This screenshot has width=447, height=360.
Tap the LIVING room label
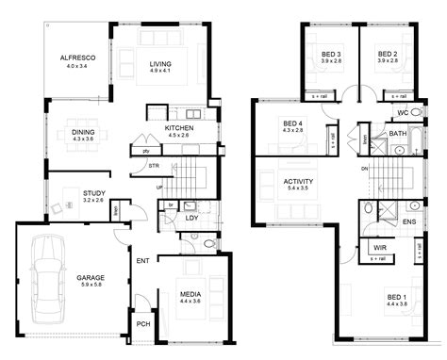tap(159, 65)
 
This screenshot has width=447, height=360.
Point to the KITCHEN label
tap(179, 127)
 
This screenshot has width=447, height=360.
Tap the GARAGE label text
tap(91, 278)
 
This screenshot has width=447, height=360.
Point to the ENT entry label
tap(143, 260)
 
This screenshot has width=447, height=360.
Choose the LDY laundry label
tap(190, 219)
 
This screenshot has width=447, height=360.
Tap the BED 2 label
tap(388, 54)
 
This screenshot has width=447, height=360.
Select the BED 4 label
tap(292, 123)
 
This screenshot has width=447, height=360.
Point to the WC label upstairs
tap(402, 112)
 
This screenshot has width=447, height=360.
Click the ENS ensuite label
tap(408, 221)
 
